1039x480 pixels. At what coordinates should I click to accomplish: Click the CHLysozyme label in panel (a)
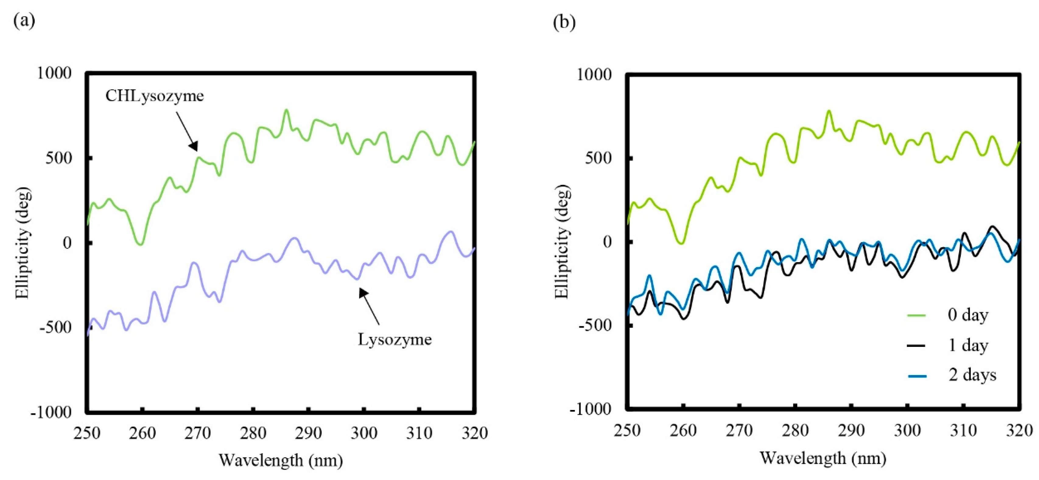[x=154, y=96]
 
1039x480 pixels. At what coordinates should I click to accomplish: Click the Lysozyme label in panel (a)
[x=395, y=339]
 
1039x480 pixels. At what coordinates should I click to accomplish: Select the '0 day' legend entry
[x=967, y=315]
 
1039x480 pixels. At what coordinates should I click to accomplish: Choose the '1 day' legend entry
[x=967, y=345]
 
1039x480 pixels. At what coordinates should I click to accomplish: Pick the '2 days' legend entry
[x=972, y=375]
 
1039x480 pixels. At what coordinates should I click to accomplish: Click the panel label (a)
[x=24, y=20]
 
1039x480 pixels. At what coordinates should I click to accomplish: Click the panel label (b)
[x=564, y=22]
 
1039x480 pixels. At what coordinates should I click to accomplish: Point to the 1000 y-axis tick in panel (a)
[x=54, y=73]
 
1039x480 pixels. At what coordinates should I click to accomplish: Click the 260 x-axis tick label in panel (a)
[x=142, y=433]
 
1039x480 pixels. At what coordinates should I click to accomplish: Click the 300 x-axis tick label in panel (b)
[x=907, y=431]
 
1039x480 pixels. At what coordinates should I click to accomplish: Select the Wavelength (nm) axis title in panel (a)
[x=281, y=460]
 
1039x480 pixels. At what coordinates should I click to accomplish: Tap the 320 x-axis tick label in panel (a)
[x=475, y=433]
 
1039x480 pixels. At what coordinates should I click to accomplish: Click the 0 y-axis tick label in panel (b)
[x=607, y=242]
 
